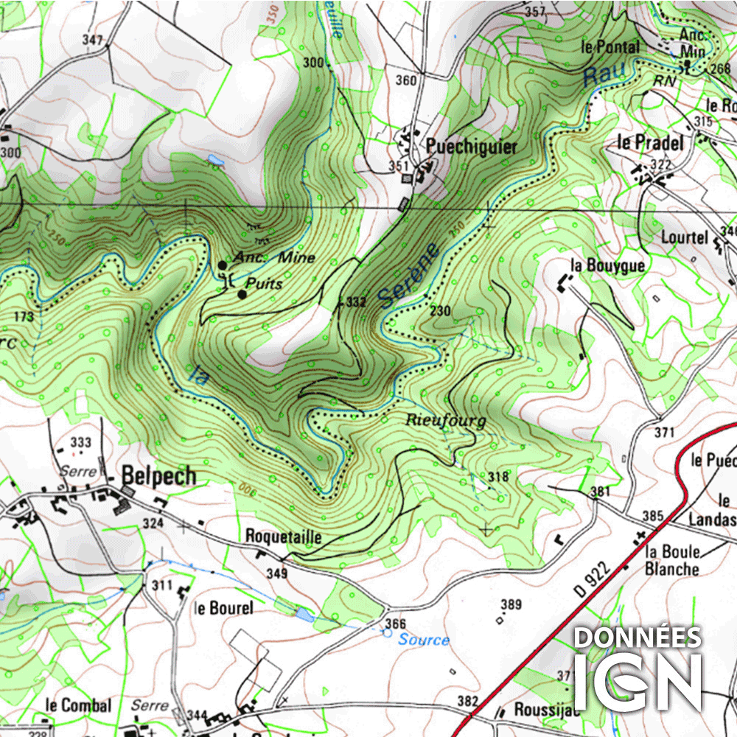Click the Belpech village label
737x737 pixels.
[159, 476]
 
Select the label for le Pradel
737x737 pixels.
[650, 142]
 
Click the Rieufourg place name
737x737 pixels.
[446, 421]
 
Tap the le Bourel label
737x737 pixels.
[223, 608]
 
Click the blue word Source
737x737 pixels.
[423, 640]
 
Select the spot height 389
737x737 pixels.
[511, 605]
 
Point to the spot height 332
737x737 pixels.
[356, 302]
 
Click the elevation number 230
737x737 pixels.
[441, 311]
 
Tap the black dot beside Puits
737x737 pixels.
[242, 294]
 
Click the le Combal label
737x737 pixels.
[77, 705]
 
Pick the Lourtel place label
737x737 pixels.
[684, 237]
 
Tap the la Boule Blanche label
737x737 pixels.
[671, 560]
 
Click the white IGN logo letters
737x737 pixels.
[638, 680]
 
